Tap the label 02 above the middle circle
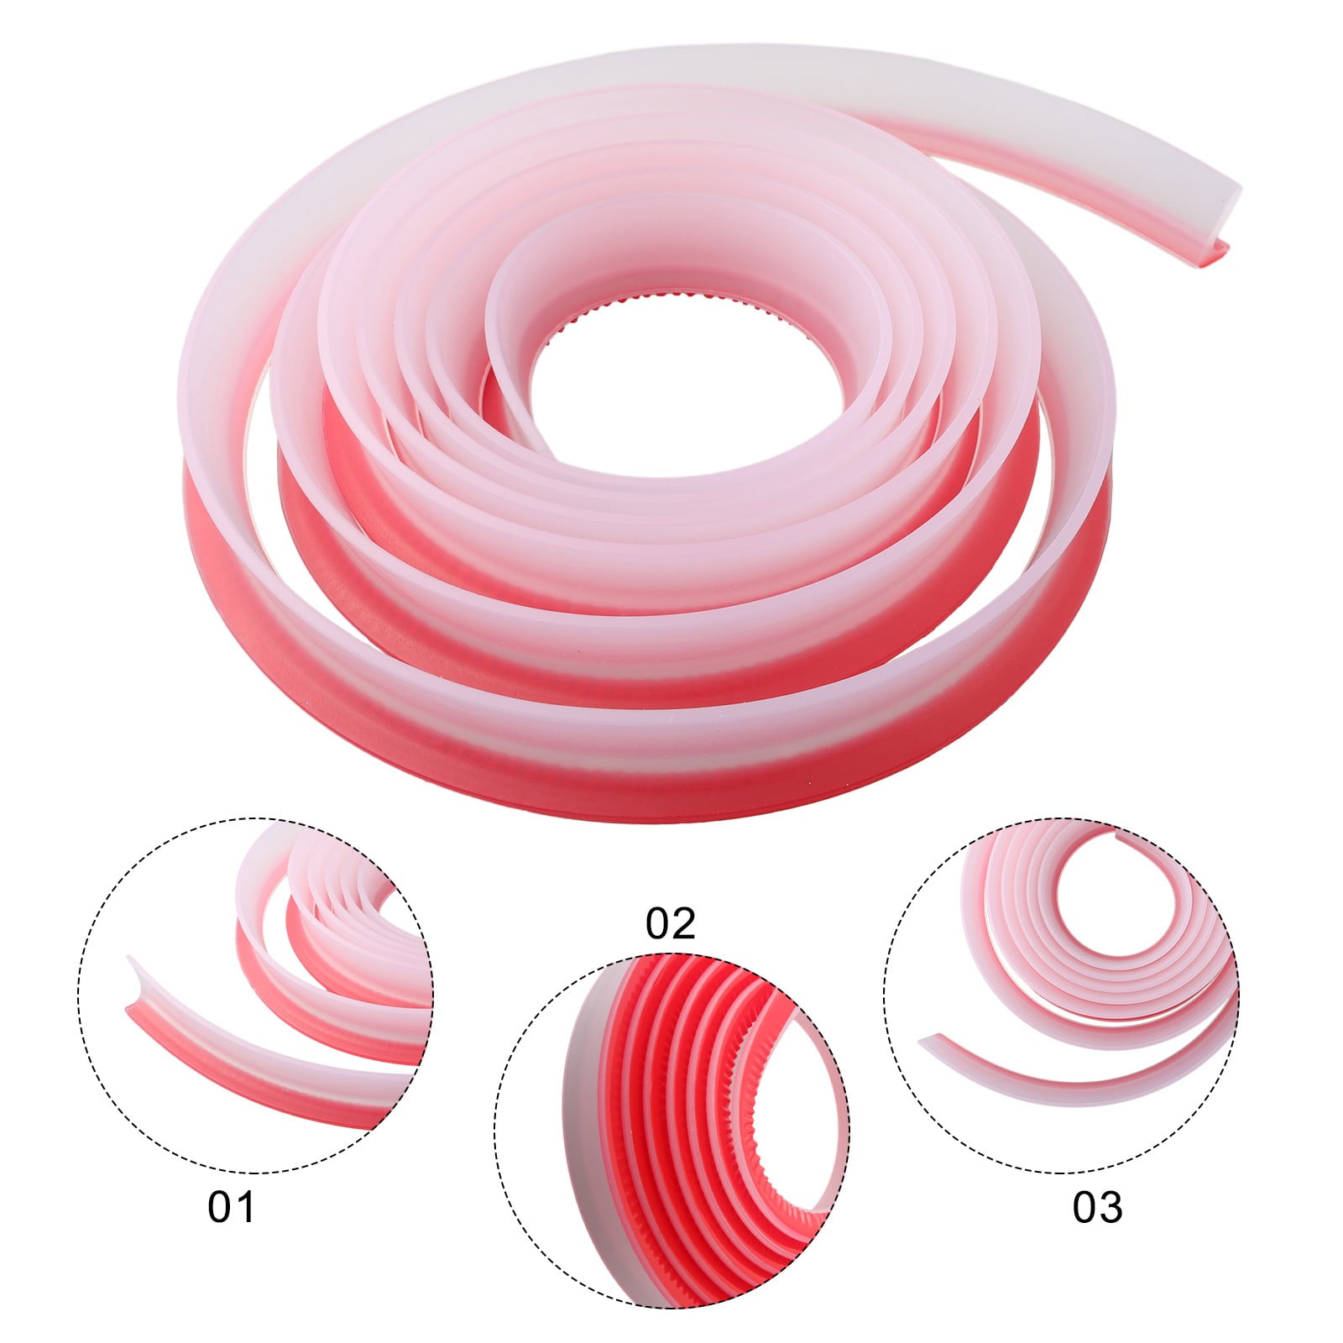coord(671,923)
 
